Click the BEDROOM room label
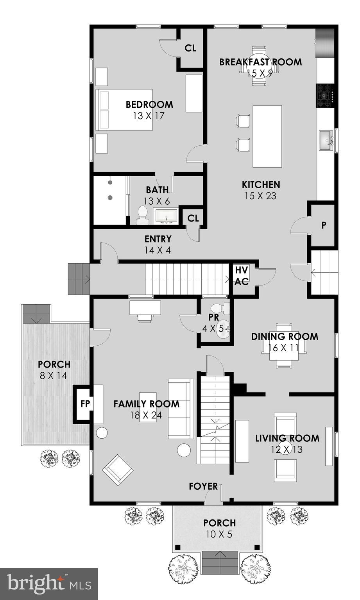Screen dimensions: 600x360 149,105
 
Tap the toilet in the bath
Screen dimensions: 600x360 142,215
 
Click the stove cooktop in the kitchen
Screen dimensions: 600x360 324,95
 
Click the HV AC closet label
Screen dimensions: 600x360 241,275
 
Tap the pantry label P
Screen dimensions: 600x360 324,225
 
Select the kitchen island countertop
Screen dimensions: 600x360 267,136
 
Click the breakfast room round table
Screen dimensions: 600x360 259,67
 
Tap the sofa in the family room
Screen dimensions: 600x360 181,409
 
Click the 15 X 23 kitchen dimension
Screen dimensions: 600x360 260,196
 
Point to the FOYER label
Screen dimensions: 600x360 203,486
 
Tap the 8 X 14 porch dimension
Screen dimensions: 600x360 54,376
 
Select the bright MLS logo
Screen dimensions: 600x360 49,584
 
